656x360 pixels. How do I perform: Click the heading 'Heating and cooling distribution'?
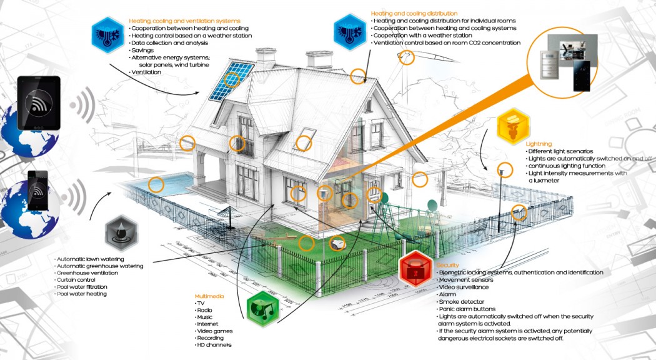(x=414, y=13)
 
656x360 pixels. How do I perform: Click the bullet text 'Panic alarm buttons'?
(x=468, y=309)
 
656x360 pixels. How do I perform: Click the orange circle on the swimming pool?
(x=156, y=184)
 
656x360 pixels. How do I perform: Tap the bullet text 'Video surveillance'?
(x=465, y=287)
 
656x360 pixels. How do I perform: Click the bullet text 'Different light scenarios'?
(x=560, y=151)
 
